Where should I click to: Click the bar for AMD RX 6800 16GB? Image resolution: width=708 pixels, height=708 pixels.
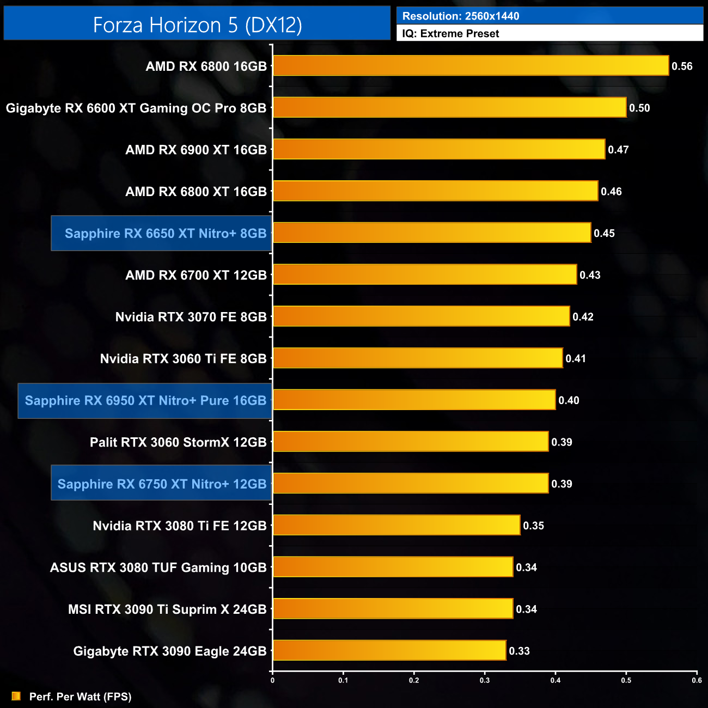coord(471,66)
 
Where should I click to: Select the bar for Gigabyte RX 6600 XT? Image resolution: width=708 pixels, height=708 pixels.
coord(449,108)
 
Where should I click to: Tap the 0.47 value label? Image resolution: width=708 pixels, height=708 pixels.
coord(618,150)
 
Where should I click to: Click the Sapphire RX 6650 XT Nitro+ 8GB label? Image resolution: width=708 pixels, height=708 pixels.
coord(165,234)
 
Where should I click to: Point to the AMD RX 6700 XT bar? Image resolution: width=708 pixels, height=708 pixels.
coord(425,274)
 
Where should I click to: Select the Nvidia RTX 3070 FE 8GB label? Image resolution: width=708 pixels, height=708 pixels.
coord(191,317)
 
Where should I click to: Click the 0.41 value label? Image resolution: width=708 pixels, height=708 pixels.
coord(576,358)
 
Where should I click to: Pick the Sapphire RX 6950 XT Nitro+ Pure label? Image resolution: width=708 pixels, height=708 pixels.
coord(145,401)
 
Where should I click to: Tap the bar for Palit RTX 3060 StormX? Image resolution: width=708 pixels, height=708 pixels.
coord(411,442)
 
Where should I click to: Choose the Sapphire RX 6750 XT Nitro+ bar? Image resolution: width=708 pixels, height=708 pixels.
coord(411,484)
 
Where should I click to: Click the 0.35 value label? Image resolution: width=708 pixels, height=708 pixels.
coord(533,526)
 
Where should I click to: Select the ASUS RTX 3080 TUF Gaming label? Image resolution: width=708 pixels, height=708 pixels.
coord(158,567)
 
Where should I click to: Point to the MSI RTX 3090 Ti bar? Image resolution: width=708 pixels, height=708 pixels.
coord(393,609)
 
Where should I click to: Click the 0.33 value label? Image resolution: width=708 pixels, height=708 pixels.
coord(519,651)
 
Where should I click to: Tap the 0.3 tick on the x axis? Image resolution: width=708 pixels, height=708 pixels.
coord(485,680)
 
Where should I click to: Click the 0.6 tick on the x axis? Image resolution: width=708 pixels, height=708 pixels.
coord(697,680)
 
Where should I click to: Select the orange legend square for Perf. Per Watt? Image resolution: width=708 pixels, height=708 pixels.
coord(16,697)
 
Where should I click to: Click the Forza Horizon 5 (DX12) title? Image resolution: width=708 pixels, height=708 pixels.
coord(197,25)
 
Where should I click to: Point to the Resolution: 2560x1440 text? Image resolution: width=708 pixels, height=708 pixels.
coord(461,16)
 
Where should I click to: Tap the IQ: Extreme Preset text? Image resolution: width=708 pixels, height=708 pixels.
coord(450,34)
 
